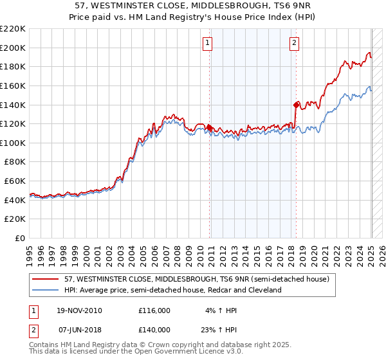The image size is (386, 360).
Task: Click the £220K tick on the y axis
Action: (x=14, y=29)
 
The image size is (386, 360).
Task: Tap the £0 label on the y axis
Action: (x=21, y=238)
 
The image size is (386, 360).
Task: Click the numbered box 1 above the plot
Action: (x=208, y=43)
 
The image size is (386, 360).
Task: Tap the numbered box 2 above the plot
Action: (x=294, y=43)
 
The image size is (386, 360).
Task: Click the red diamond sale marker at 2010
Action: (x=210, y=128)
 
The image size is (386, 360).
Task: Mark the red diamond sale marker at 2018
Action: (x=296, y=105)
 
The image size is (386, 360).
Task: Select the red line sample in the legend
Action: (x=46, y=280)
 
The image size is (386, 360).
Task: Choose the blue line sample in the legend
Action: (x=46, y=290)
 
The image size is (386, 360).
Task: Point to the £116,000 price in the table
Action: (x=154, y=310)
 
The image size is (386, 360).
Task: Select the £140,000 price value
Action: (x=154, y=329)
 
